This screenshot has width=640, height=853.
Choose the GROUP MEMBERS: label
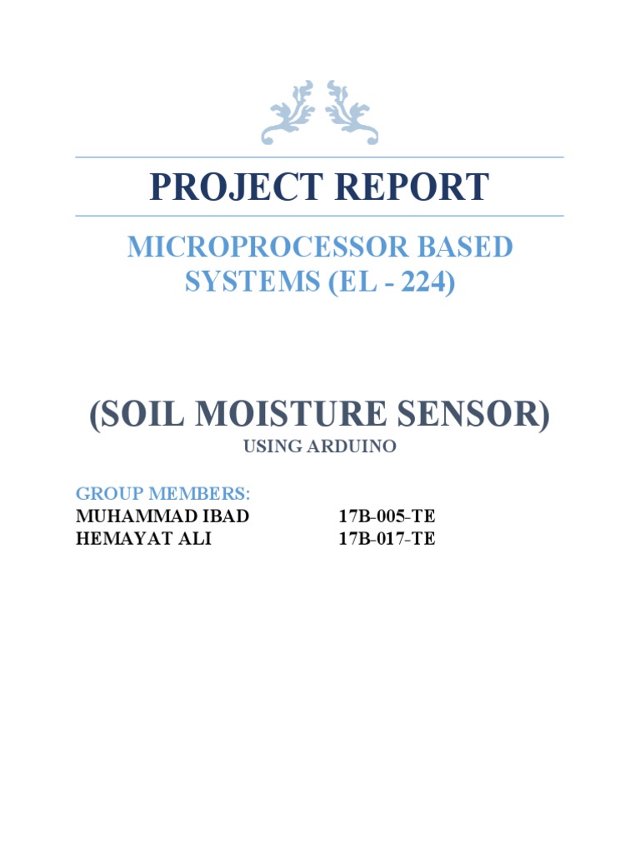pyautogui.click(x=151, y=492)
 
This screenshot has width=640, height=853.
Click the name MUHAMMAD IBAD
pyautogui.click(x=162, y=516)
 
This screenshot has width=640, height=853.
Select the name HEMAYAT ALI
pyautogui.click(x=143, y=539)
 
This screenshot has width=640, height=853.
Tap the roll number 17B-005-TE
pyautogui.click(x=387, y=516)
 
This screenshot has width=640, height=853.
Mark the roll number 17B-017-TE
pyautogui.click(x=387, y=539)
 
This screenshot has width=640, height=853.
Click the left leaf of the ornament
pyautogui.click(x=288, y=113)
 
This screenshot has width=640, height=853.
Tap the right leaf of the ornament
pyautogui.click(x=351, y=113)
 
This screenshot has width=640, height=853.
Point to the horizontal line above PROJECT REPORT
pyautogui.click(x=319, y=157)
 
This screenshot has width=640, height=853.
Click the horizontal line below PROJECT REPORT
pyautogui.click(x=319, y=216)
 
